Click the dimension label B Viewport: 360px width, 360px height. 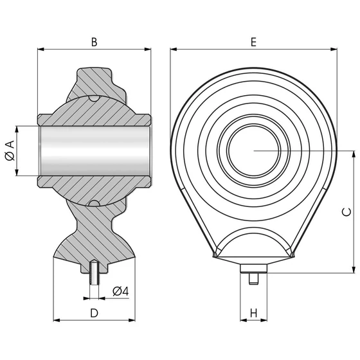(94, 42)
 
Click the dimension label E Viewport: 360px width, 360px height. (253, 42)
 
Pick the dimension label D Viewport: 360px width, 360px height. (94, 313)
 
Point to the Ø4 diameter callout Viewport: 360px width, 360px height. (120, 291)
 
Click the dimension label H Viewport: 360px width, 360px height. (253, 313)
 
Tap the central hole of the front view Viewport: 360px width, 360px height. (254, 150)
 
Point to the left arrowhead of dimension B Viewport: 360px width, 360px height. (40, 49)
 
